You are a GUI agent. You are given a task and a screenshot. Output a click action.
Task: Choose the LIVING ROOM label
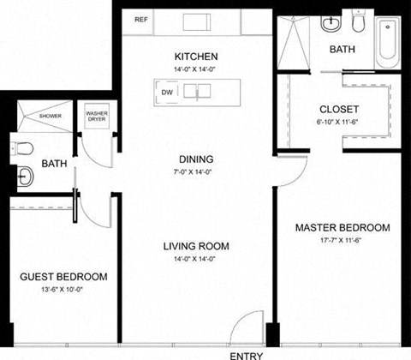(195, 246)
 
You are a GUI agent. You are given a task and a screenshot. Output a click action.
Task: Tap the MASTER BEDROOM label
(342, 228)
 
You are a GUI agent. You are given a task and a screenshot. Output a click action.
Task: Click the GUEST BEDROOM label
(64, 276)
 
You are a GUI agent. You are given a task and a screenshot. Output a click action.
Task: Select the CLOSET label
(338, 109)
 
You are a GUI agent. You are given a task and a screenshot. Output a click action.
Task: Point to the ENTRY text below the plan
(247, 353)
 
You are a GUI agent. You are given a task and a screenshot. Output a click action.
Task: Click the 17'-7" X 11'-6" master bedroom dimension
(342, 241)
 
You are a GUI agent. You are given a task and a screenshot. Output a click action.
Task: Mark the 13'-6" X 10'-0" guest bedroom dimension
(64, 289)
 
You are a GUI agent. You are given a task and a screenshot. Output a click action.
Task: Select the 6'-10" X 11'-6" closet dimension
(338, 122)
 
